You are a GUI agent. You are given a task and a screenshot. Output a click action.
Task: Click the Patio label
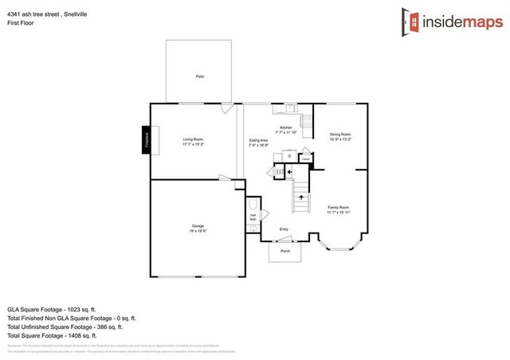point(199,76)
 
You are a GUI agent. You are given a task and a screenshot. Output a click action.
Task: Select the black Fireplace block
point(147,141)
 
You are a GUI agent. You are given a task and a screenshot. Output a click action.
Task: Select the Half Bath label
point(253,216)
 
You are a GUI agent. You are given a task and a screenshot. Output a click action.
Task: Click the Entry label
point(284,229)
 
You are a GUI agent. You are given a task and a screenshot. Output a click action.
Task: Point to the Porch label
point(285,252)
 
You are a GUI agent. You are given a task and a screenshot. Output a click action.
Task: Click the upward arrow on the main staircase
point(301,196)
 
